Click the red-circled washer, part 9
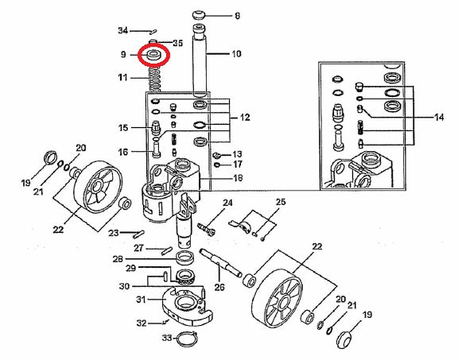pyautogui.click(x=154, y=54)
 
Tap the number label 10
pyautogui.click(x=236, y=54)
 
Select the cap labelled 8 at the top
pyautogui.click(x=199, y=15)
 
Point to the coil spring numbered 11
pyautogui.click(x=155, y=79)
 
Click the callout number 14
pyautogui.click(x=439, y=118)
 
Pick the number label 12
pyautogui.click(x=245, y=118)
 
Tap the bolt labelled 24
pyautogui.click(x=207, y=229)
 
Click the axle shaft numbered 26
pyautogui.click(x=221, y=263)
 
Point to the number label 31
pyautogui.click(x=141, y=300)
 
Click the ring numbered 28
pyautogui.click(x=185, y=257)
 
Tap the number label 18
pyautogui.click(x=239, y=178)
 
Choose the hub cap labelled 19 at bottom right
pyautogui.click(x=345, y=339)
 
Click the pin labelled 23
pyautogui.click(x=138, y=234)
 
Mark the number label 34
pyautogui.click(x=123, y=30)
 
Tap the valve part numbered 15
pyautogui.click(x=156, y=127)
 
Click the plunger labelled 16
pyautogui.click(x=157, y=148)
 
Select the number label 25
pyautogui.click(x=281, y=202)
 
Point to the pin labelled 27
pyautogui.click(x=167, y=250)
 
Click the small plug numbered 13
pyautogui.click(x=216, y=154)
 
